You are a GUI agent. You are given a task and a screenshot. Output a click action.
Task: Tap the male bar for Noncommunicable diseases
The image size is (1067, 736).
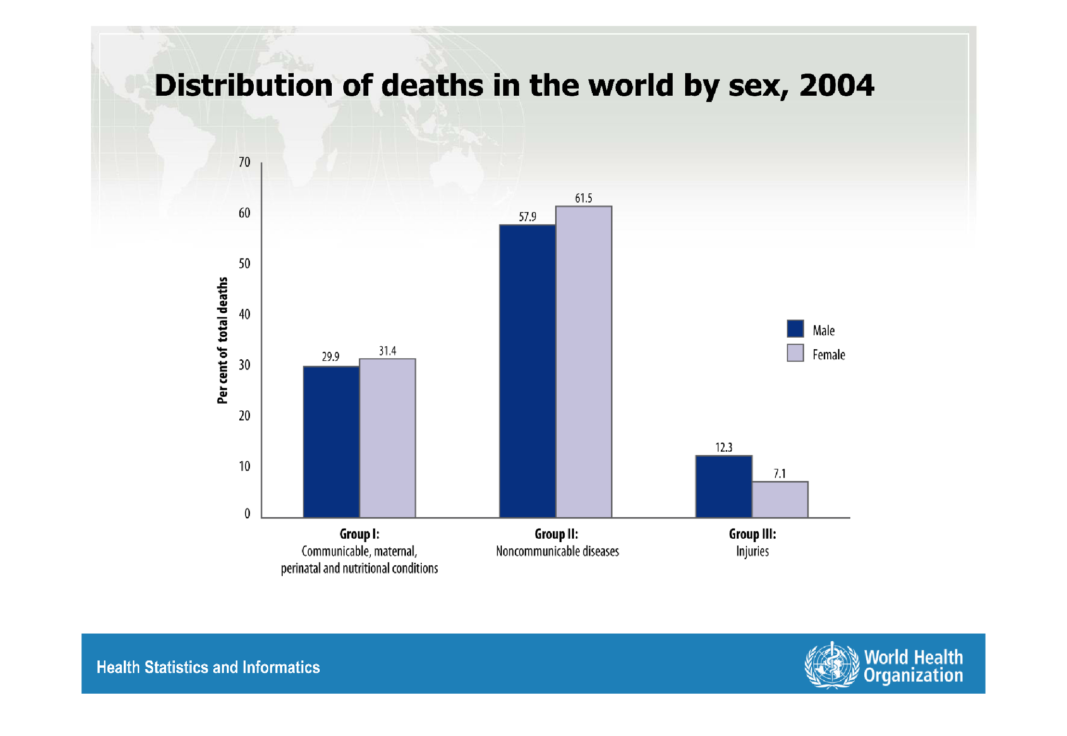point(527,371)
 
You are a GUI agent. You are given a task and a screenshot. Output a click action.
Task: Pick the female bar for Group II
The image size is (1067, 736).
point(584,362)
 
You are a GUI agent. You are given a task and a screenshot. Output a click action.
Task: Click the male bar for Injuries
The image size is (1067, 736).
point(724,486)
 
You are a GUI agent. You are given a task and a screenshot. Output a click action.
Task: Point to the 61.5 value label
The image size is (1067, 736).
point(584,198)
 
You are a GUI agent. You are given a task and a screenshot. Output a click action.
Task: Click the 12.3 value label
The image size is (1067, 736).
point(724,447)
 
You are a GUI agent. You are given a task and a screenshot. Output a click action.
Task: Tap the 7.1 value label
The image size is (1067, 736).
point(780,474)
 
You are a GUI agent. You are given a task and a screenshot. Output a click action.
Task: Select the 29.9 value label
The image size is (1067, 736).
point(330,356)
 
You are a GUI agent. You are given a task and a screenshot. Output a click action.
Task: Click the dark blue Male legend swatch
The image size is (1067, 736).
point(795,329)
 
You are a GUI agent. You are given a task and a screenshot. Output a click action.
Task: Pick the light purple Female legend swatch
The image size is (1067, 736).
point(795,353)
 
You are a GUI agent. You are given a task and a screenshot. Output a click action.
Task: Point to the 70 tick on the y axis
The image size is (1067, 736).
point(245,162)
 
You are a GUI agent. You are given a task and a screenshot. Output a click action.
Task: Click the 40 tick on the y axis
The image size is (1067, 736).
point(245,314)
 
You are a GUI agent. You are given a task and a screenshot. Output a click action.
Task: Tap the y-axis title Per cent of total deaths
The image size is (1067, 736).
point(222,341)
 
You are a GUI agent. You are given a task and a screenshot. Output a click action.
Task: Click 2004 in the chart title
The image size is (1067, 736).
point(836,85)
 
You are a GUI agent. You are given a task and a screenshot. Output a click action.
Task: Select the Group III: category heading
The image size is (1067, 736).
point(752,534)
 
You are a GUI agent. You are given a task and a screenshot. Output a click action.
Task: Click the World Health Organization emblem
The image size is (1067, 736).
point(832,665)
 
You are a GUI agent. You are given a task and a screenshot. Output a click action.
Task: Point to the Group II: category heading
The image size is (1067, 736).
point(556,534)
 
